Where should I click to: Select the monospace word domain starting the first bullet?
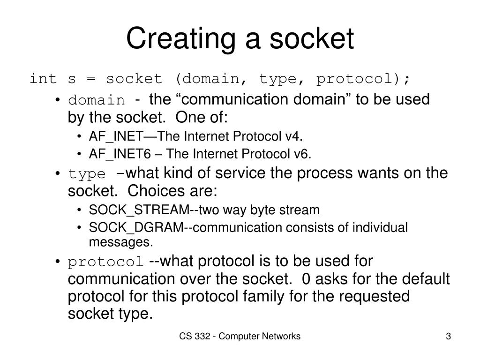point(97,100)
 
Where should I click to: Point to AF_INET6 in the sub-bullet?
point(111,154)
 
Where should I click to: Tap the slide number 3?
point(448,337)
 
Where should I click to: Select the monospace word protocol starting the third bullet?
point(106,262)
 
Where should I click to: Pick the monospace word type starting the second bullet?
point(87,174)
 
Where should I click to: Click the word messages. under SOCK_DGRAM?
point(121,242)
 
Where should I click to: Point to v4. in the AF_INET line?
point(293,136)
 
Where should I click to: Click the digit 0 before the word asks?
point(306,279)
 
